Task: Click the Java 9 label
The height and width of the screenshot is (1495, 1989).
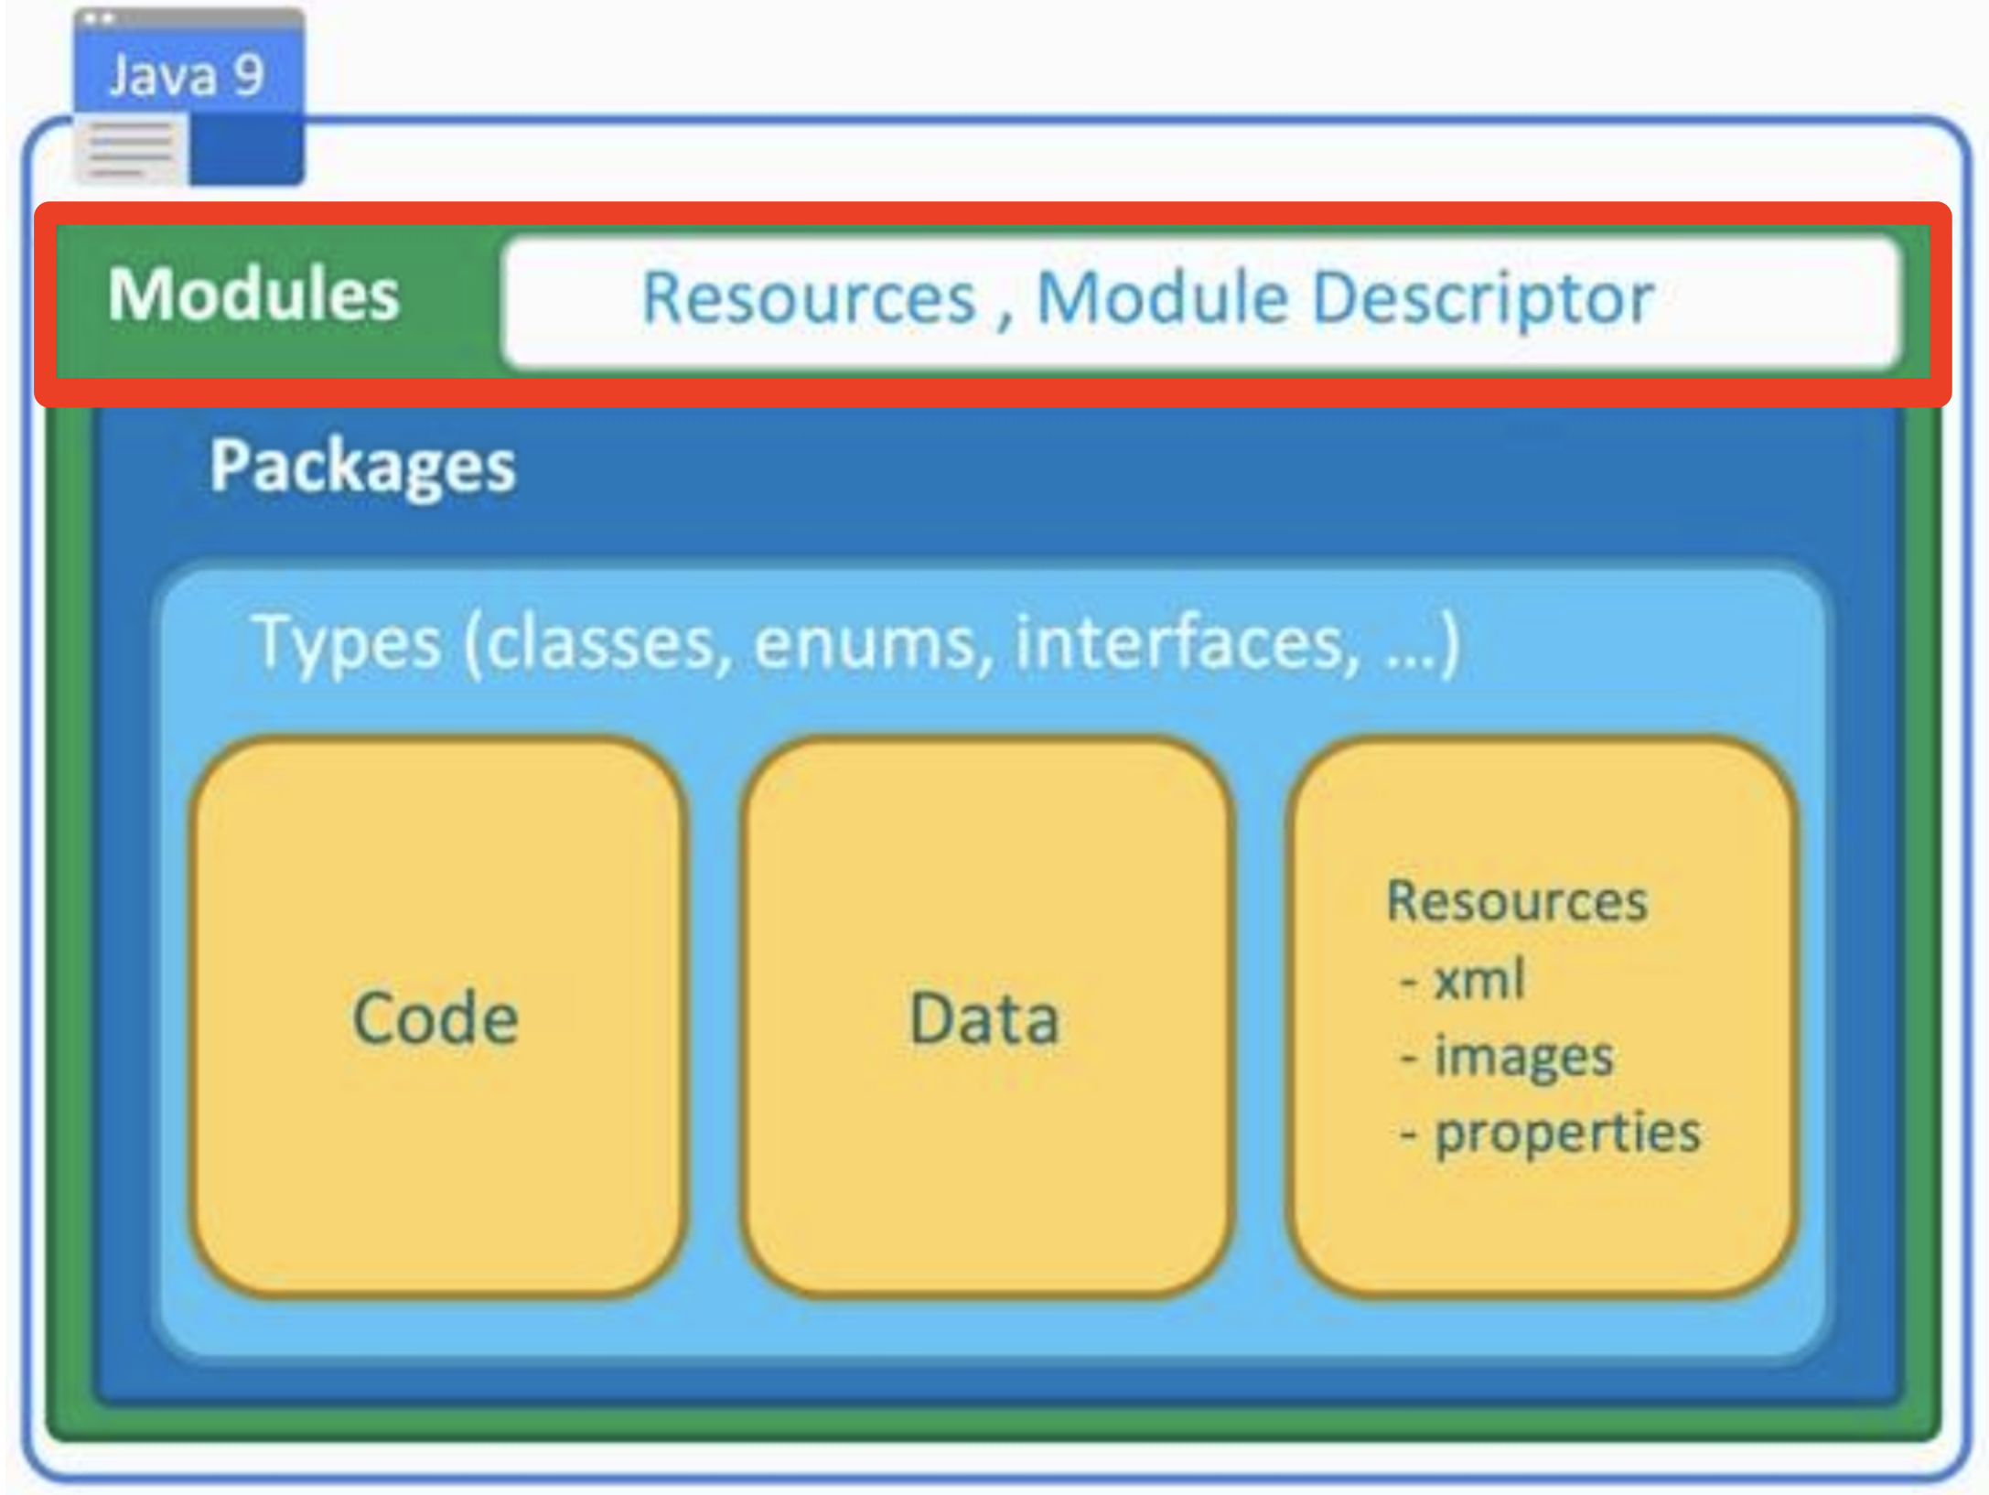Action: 187,75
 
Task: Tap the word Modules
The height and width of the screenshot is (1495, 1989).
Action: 254,295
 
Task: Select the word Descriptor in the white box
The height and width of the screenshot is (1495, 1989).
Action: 1483,299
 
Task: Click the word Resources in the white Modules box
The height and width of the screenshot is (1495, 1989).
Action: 810,298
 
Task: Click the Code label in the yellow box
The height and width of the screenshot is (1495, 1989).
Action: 435,1018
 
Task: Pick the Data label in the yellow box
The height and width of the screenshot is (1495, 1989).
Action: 984,1018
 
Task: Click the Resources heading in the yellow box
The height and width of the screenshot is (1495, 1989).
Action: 1517,901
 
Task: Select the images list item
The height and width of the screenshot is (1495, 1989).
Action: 1506,1057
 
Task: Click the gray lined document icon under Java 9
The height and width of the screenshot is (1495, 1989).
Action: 132,149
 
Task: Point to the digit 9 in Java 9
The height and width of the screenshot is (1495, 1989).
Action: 248,75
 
